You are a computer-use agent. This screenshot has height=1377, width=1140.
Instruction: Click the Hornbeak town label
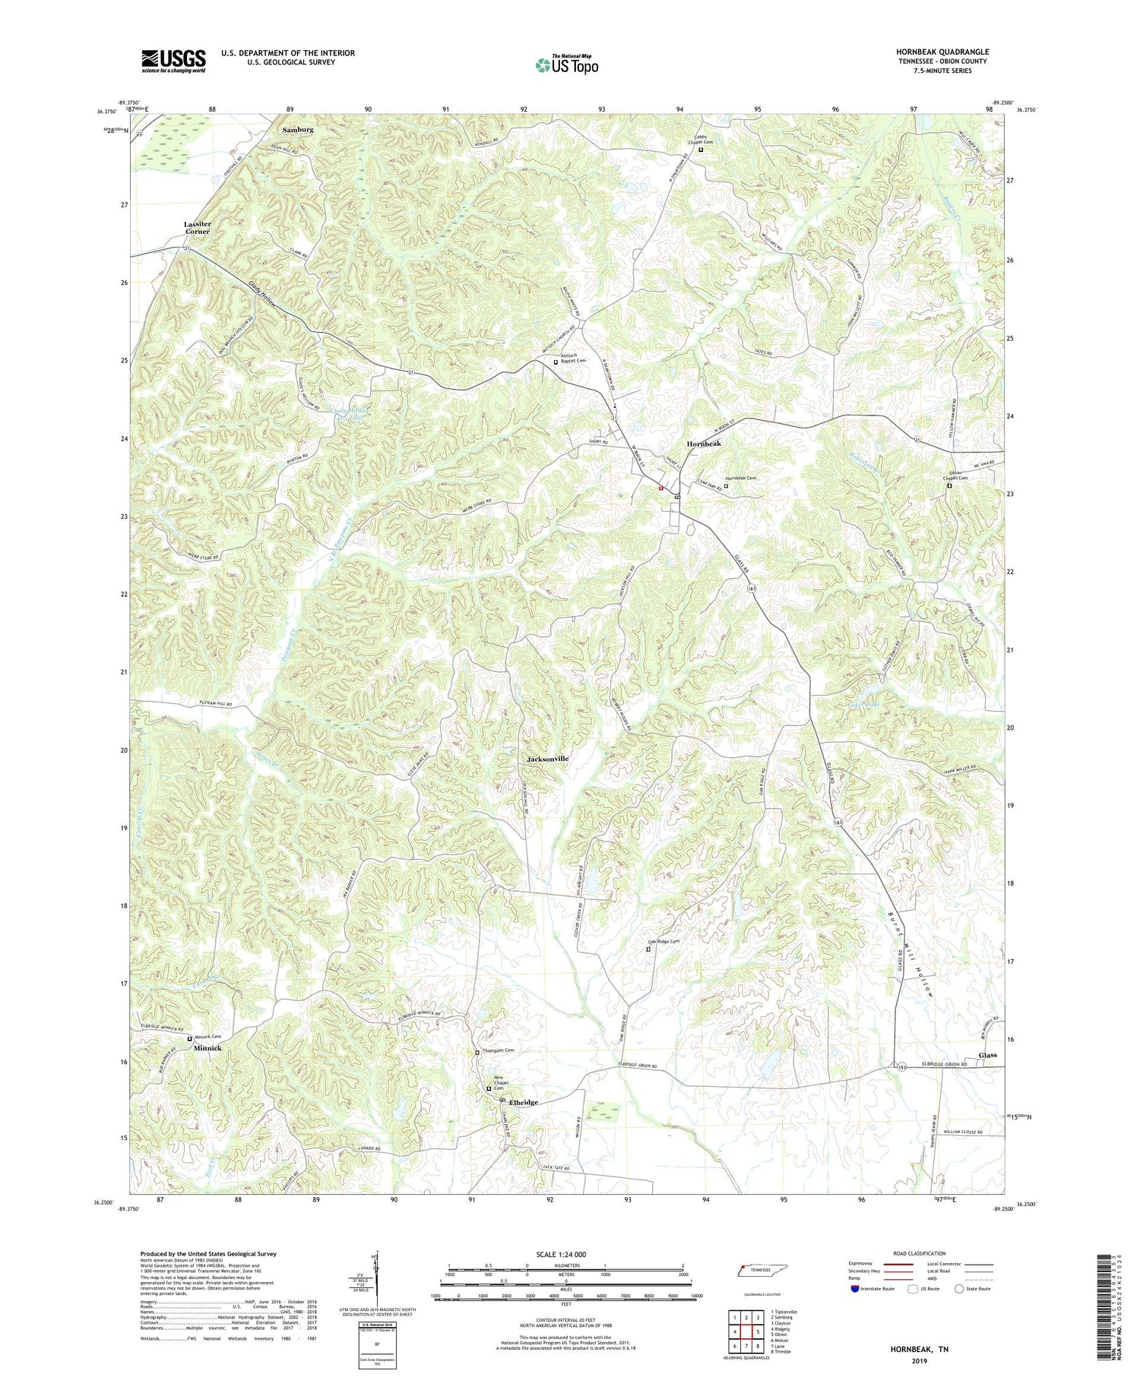coord(703,443)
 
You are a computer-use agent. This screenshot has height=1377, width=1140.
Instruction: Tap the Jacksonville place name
coord(547,759)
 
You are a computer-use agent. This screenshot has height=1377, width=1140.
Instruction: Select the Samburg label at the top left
coord(297,130)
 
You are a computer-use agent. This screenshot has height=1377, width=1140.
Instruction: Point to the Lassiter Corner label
coord(197,228)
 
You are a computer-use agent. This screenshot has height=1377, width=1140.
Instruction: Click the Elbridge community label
coord(524,1102)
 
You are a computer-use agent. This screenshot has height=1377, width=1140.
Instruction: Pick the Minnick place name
coord(207,1048)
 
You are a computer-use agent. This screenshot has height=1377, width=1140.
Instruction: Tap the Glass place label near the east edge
coord(987,1055)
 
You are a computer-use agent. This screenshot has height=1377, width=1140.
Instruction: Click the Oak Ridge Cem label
coord(663,942)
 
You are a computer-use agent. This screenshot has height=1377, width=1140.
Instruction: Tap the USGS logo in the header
coord(173,61)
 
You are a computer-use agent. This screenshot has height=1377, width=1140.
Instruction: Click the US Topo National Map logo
coord(566,65)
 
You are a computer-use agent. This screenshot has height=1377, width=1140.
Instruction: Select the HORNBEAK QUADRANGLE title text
coord(942,52)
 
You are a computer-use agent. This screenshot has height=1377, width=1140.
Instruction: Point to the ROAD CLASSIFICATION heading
coord(920,1253)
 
